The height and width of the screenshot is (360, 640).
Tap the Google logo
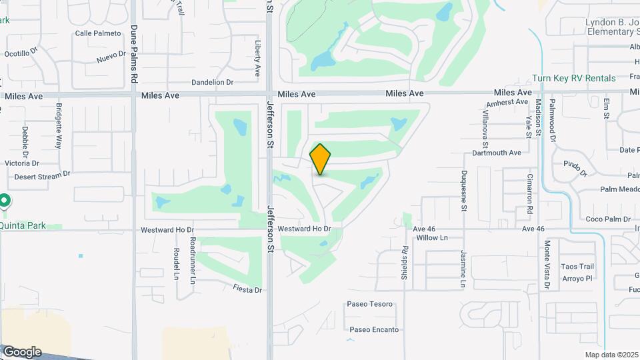tap(21, 352)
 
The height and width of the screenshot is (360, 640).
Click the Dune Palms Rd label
tap(134, 54)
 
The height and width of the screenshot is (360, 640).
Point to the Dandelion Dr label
tap(212, 83)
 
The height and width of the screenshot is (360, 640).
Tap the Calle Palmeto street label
tap(98, 33)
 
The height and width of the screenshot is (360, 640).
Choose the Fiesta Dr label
tap(247, 289)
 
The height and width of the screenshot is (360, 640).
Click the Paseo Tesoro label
tap(370, 305)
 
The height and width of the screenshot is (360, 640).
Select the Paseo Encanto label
tap(374, 329)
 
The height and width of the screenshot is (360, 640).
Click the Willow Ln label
tap(431, 238)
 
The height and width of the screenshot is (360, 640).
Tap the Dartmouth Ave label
tap(497, 153)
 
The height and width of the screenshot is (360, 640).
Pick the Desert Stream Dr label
tap(42, 175)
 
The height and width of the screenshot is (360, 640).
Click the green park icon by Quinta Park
tap(4, 200)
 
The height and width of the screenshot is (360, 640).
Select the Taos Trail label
tap(577, 267)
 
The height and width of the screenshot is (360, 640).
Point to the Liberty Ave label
tap(258, 56)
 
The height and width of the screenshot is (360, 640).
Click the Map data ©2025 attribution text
tap(611, 355)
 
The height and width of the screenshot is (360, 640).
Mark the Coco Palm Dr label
tap(608, 219)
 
